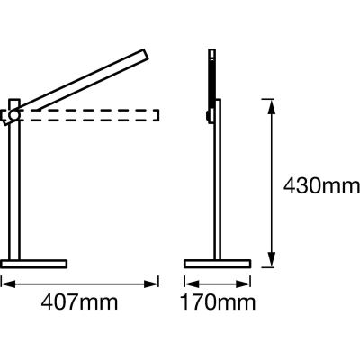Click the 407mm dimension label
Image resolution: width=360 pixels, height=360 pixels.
pos(79,302)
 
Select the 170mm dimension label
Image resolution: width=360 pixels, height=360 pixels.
pos(218,302)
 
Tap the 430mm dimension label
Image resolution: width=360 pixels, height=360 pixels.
pos(321,186)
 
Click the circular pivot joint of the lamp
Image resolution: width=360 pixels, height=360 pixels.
pos(13,114)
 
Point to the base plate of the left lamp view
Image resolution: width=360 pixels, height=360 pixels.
pos(34,264)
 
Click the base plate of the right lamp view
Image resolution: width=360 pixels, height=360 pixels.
pos(218,264)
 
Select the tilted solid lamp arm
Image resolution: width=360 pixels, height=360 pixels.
pos(81,82)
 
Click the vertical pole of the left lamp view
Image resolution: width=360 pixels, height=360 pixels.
pos(14,179)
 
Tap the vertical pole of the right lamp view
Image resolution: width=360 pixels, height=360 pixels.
pos(218,179)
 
